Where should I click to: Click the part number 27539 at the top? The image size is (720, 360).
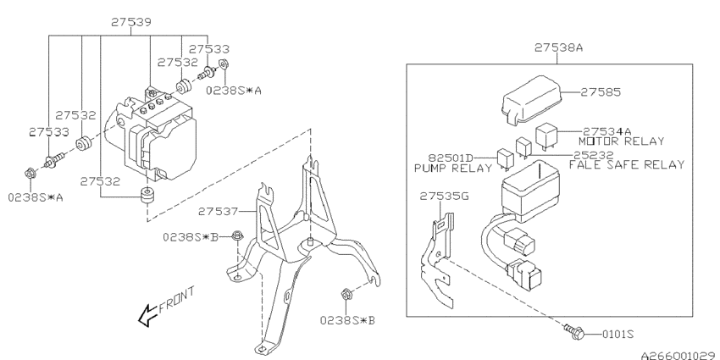[132, 22]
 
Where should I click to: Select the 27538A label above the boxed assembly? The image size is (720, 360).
[559, 47]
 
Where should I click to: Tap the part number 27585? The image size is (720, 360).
[601, 92]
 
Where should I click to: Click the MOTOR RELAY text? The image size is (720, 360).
[621, 141]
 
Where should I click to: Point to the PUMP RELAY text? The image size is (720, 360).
[453, 168]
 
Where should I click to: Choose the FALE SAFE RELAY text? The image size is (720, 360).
[627, 164]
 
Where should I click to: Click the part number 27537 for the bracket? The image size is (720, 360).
[219, 212]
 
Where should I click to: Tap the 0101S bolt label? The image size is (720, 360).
[618, 335]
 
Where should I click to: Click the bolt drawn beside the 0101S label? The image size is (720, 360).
[574, 331]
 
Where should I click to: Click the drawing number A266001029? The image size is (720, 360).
[680, 355]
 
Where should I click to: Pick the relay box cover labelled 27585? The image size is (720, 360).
[534, 101]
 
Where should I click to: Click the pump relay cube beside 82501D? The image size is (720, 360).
[506, 160]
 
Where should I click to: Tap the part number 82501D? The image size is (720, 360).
[451, 158]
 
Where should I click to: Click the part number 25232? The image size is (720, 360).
[594, 155]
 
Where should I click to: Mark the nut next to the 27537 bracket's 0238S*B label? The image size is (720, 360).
[237, 235]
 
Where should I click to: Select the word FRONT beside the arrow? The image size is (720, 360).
[177, 301]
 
